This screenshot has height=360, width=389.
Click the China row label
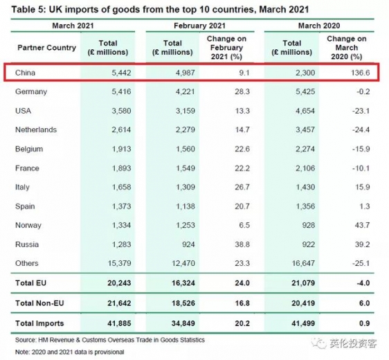(x=26, y=72)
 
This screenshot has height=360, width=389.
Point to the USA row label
(x=24, y=110)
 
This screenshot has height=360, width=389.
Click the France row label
(x=26, y=168)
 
